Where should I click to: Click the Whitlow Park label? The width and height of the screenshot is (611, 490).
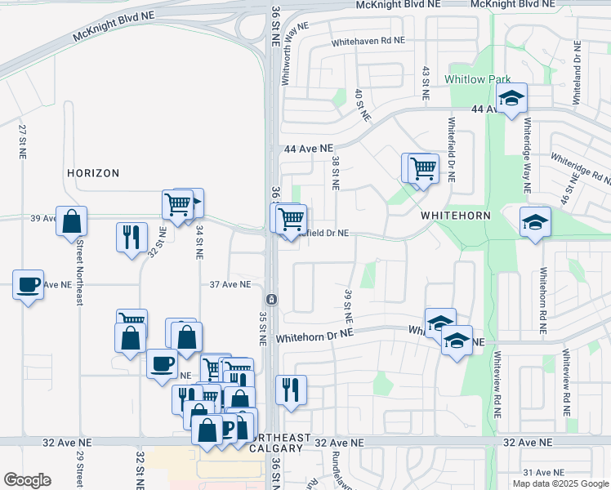[x=477, y=79]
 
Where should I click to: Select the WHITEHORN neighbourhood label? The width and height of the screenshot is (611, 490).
[x=455, y=216]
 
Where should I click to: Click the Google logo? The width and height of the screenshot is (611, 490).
[x=27, y=480]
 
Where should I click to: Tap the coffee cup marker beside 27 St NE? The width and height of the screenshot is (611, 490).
[x=29, y=285]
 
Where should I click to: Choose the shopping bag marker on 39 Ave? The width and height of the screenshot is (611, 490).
[x=72, y=220]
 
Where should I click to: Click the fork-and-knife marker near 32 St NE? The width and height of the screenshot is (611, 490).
[x=132, y=238]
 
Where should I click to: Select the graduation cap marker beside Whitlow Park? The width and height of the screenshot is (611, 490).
[x=512, y=99]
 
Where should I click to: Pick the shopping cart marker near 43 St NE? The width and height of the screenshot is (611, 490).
[x=422, y=169]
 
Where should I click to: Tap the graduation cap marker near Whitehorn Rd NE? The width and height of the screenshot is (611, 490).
[x=535, y=223]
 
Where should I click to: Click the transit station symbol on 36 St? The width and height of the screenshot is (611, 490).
[x=272, y=299]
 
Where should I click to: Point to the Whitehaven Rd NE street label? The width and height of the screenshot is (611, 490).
[x=368, y=41]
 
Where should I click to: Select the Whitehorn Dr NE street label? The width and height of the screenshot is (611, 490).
[x=314, y=334]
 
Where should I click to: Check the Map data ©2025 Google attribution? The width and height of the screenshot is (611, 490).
[x=560, y=483]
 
